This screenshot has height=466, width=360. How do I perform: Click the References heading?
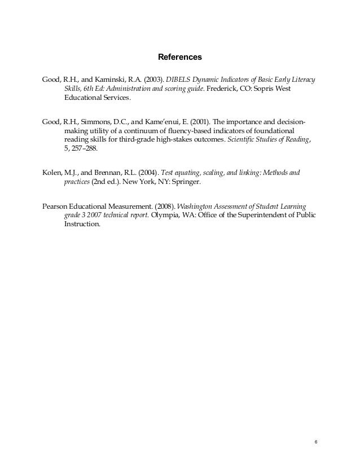point(179,57)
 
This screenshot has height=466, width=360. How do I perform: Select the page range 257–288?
point(85,150)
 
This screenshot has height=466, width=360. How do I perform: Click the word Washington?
point(197,205)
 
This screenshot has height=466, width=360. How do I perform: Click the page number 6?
point(316,441)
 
